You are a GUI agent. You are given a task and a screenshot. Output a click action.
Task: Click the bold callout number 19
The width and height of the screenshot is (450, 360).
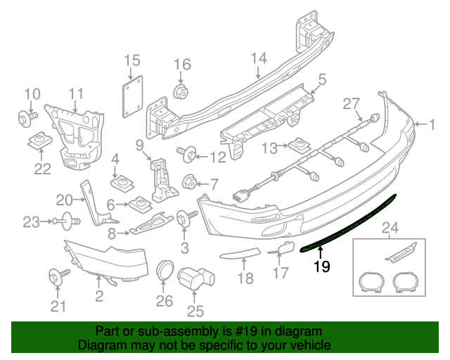(321, 266)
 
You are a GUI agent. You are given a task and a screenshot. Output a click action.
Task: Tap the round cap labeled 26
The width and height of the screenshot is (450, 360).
(164, 270)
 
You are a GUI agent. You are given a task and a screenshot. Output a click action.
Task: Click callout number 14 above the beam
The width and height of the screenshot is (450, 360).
(259, 58)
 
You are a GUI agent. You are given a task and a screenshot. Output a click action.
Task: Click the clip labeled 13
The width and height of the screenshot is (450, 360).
(297, 146)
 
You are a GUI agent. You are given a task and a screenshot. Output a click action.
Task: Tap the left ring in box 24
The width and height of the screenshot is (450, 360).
(370, 283)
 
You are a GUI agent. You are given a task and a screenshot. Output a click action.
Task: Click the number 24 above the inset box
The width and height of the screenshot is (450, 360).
(388, 227)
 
